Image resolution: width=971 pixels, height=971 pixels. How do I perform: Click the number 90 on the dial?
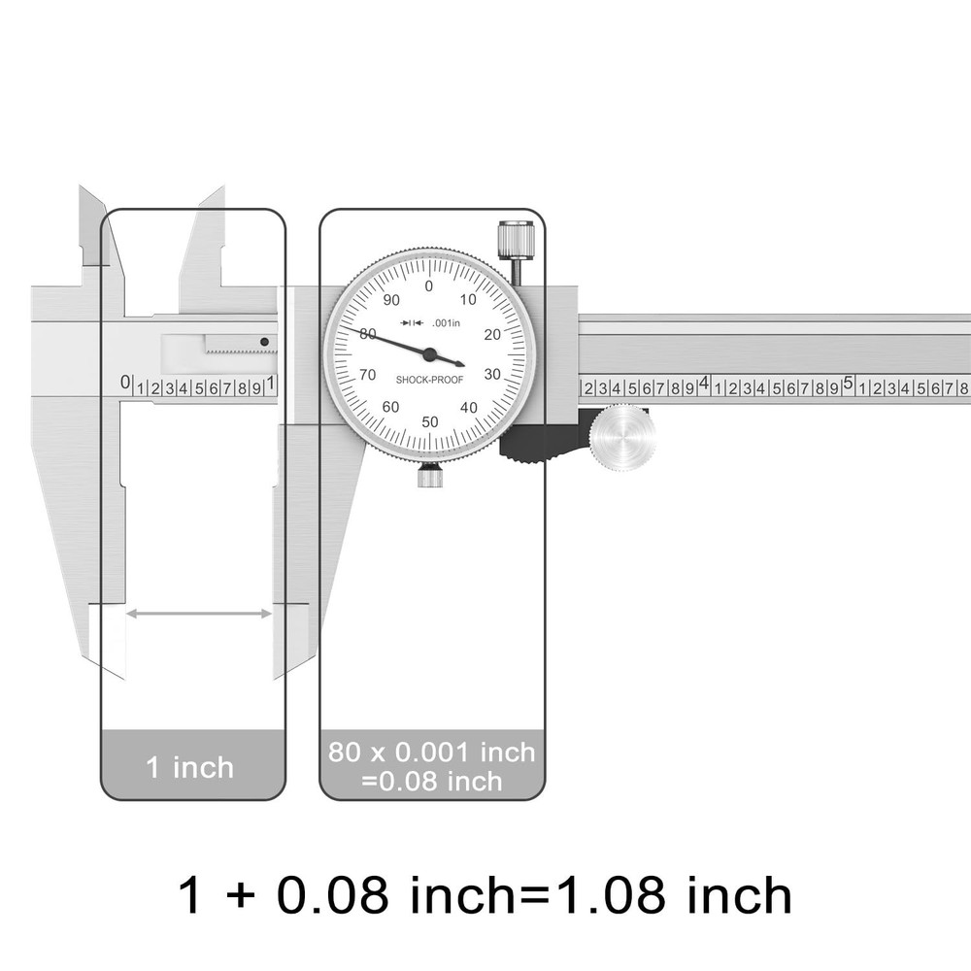391,300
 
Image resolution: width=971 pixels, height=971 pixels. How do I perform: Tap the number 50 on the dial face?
430,421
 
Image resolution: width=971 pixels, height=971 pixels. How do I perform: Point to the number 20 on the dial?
491,335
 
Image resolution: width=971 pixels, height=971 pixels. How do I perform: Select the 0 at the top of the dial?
429,285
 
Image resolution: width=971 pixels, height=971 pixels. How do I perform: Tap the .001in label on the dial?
446,322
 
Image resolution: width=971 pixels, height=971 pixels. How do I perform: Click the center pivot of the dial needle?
429,354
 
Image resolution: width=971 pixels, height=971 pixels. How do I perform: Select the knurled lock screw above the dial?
516,240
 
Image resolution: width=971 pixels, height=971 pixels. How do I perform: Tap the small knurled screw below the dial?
430,477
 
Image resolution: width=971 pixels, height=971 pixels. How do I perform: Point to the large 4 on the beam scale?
704,384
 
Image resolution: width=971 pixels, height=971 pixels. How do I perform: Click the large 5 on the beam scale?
848,384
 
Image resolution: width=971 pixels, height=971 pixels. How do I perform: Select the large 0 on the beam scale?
125,383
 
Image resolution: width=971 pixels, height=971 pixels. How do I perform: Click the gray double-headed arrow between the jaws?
199,613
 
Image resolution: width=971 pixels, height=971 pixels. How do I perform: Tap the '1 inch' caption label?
190,767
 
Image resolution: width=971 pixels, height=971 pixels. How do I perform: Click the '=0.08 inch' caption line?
431,781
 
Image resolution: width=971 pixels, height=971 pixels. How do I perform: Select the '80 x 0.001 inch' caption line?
431,752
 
